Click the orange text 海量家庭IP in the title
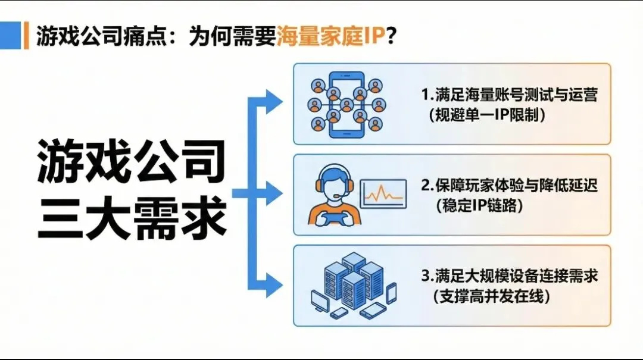331,36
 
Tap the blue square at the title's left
10,35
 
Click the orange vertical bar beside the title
26,35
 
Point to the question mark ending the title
391,36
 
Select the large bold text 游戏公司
132,161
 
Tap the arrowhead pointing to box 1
274,101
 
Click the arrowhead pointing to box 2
274,193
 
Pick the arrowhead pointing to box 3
274,285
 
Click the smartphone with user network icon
347,105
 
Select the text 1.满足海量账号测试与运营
509,95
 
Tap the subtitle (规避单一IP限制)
487,115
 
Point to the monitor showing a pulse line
383,193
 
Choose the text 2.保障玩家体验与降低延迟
509,186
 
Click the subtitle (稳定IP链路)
479,205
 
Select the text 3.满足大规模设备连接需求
509,276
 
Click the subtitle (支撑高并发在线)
491,296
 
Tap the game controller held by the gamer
334,217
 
